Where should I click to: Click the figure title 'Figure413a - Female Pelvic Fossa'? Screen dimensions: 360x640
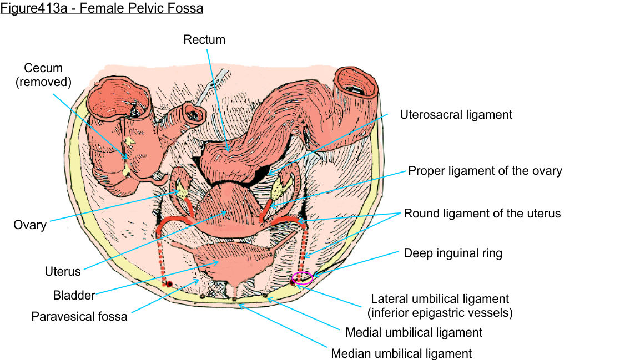tap(102, 9)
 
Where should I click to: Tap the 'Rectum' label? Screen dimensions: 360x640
tap(205, 39)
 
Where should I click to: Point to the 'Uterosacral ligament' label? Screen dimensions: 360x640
tap(456, 115)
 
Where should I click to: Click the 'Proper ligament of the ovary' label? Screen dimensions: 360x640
tap(485, 170)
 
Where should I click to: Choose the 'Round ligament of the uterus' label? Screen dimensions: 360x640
tap(482, 213)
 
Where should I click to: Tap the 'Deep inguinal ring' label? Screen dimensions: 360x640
tap(453, 253)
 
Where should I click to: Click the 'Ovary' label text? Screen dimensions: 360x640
tap(30, 225)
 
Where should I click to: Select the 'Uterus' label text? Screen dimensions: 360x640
tap(63, 271)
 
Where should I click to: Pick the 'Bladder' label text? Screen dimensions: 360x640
tap(74, 295)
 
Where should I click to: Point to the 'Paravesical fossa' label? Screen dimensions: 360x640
tap(79, 317)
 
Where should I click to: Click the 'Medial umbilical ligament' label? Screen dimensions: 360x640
tap(414, 332)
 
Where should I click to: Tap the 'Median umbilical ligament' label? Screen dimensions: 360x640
tap(401, 353)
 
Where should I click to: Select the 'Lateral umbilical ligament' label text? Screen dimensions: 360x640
tap(440, 299)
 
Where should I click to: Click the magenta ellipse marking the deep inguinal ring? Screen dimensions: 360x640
tap(303, 278)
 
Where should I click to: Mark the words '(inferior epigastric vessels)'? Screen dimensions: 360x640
tap(440, 312)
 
